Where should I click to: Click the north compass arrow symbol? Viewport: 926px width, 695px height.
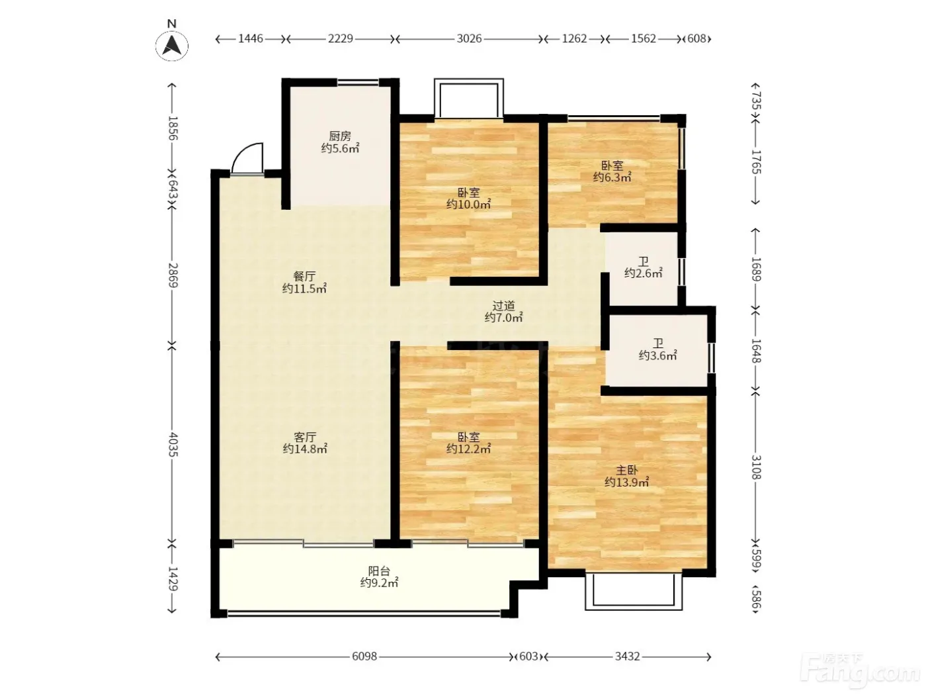172,46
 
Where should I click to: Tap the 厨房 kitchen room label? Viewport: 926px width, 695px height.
339,136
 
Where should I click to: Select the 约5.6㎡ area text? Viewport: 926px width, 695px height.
340,148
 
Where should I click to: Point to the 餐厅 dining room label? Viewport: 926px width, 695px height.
304,277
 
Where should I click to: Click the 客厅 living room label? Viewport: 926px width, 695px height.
305,437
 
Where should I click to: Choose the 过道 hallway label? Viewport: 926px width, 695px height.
504,305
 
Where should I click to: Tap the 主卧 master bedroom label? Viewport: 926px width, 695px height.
627,470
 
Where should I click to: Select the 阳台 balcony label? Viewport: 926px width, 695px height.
379,571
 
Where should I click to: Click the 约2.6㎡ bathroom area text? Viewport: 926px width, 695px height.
644,273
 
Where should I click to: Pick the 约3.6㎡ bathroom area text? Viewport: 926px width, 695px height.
657,355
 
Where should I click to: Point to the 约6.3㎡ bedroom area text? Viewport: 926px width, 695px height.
612,177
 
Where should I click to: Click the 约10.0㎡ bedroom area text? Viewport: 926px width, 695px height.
468,205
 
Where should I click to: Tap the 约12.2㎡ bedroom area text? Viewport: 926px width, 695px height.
468,449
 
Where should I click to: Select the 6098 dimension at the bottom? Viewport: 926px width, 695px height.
364,657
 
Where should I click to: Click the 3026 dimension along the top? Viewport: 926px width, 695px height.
469,39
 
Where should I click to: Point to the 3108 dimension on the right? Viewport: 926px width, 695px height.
755,467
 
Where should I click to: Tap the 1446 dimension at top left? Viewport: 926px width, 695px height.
251,39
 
